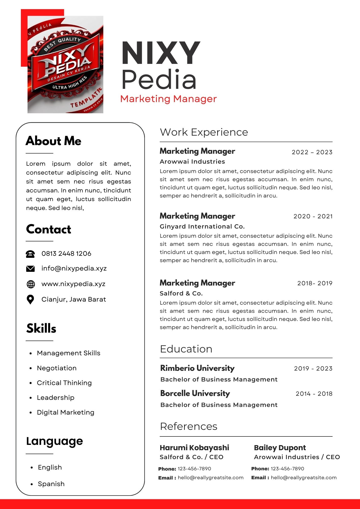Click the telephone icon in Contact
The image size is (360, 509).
point(30,254)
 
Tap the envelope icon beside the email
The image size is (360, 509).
point(30,269)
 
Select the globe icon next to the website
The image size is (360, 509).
point(31,284)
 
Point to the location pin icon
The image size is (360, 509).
point(30,300)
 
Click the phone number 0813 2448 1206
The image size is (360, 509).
point(66,253)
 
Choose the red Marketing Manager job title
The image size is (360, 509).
point(168,99)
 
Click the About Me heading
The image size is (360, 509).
point(53,141)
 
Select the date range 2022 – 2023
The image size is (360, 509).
point(312,152)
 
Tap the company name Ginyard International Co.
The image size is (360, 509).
point(202,227)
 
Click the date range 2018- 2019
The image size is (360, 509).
point(315,283)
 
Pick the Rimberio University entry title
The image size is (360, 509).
point(197,368)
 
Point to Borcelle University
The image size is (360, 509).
point(195,393)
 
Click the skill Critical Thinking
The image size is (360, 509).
point(64,383)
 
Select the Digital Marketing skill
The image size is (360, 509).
point(65,412)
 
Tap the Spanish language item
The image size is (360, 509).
point(51,484)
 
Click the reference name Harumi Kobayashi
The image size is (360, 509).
point(194,448)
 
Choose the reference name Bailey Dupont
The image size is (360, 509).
point(280,448)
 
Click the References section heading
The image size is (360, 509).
point(189,427)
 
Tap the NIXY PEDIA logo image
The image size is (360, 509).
point(65,64)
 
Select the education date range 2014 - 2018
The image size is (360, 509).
point(314,394)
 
